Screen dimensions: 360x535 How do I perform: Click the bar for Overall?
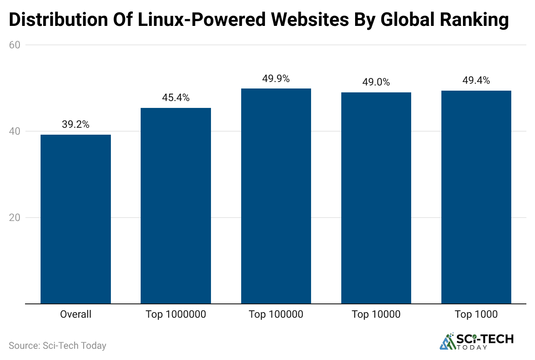(x=76, y=219)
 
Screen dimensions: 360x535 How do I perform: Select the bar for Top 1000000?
(x=176, y=206)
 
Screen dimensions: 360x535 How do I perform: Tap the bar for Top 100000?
(x=276, y=196)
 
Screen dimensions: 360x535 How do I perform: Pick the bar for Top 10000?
(x=376, y=198)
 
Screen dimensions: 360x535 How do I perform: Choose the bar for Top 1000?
(x=476, y=197)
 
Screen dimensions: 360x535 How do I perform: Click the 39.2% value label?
(x=76, y=125)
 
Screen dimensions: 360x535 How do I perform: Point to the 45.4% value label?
(x=176, y=98)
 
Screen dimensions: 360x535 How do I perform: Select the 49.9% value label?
(x=276, y=79)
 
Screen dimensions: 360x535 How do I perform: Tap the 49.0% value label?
(x=376, y=82)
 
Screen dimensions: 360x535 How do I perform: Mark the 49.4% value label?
(x=476, y=81)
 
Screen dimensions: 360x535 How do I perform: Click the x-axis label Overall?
(x=76, y=314)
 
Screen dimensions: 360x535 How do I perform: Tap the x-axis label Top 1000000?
(x=176, y=314)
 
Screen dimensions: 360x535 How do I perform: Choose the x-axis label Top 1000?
(x=476, y=314)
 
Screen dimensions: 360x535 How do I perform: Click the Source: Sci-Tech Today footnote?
(x=57, y=346)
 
